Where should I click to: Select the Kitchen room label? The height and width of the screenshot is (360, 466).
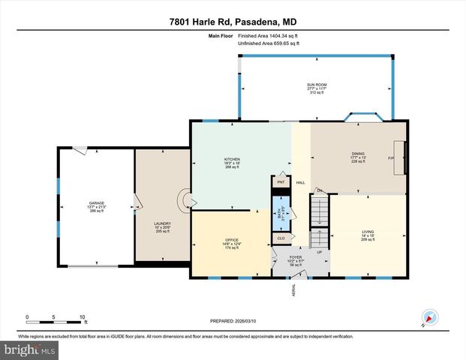pos(232,163)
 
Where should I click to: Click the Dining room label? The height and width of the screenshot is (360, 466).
pos(357,157)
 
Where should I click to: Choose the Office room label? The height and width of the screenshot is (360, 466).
pos(232,244)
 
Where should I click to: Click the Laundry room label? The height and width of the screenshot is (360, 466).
pos(163,227)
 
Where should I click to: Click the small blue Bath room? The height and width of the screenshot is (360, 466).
pos(281,213)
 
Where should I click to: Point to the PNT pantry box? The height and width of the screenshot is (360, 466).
pos(281,182)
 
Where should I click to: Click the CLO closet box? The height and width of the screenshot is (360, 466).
pos(281,239)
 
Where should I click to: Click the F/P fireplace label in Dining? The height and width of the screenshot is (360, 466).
pos(390,159)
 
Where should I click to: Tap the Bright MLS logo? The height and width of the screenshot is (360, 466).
pos(30,349)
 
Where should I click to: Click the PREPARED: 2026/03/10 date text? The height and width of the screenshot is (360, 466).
pos(233,321)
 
